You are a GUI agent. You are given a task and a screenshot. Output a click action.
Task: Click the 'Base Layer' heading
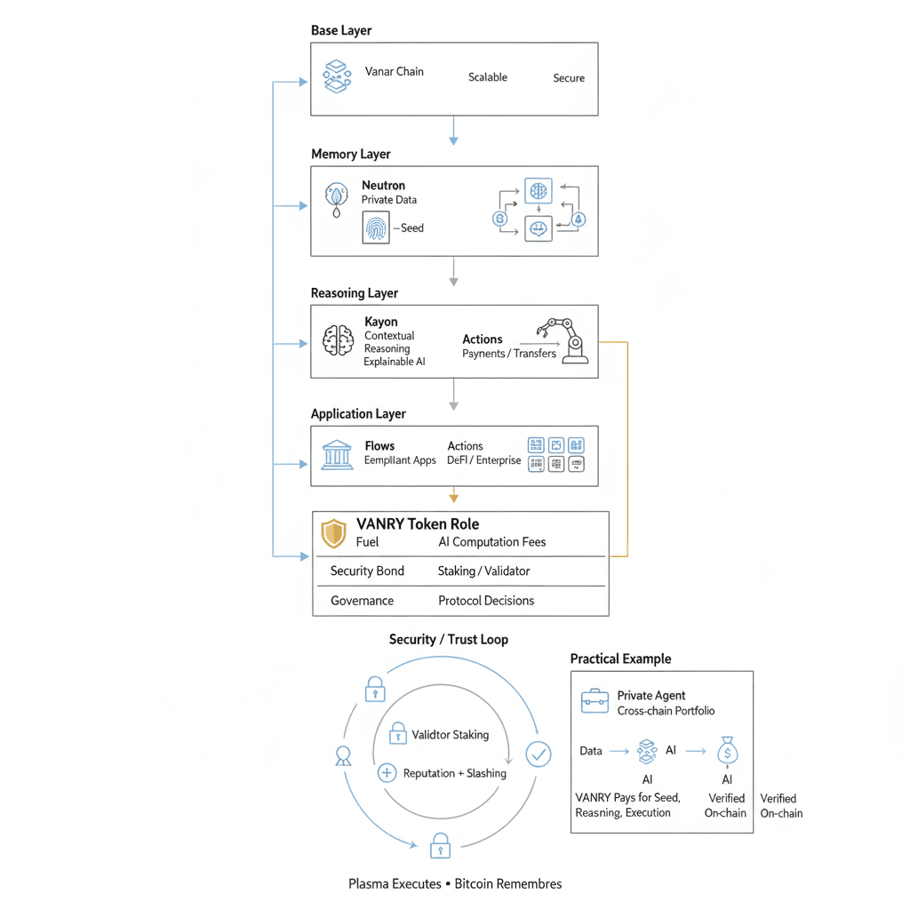(x=341, y=31)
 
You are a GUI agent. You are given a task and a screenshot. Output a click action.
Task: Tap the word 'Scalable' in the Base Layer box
(x=488, y=77)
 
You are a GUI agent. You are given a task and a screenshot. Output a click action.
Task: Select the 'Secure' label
(x=569, y=78)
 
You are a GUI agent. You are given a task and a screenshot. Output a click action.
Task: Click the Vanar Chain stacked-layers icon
(x=335, y=76)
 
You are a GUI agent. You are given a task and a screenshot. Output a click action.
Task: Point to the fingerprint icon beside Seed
(x=377, y=227)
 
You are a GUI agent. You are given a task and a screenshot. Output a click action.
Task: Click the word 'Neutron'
(x=383, y=186)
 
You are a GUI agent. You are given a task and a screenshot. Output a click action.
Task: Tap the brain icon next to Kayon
(x=338, y=340)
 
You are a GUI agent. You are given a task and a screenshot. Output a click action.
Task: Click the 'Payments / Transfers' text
(x=509, y=354)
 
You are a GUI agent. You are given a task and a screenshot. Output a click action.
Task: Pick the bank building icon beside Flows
(x=337, y=453)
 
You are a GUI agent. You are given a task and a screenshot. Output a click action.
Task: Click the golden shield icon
(x=333, y=533)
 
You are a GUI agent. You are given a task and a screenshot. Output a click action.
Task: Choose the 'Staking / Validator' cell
(x=483, y=571)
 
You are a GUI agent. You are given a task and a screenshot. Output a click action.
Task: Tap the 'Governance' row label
(x=362, y=601)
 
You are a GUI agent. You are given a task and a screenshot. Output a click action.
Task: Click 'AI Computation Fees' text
(x=492, y=542)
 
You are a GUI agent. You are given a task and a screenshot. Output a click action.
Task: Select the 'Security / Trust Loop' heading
(x=449, y=640)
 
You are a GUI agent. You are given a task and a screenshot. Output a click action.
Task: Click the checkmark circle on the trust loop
(x=539, y=754)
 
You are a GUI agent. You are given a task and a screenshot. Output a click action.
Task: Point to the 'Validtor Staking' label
(x=451, y=735)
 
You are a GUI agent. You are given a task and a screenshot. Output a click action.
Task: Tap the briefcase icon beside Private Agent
(x=595, y=702)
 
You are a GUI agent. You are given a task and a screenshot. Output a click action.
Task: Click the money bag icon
(x=727, y=752)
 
